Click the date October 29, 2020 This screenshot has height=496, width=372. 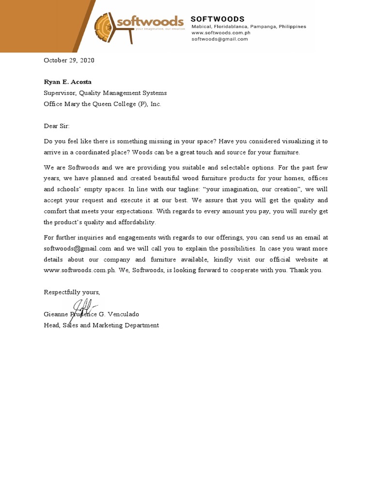(x=69, y=61)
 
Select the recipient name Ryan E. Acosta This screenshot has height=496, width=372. (x=67, y=82)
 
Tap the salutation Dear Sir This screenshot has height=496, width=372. (x=57, y=126)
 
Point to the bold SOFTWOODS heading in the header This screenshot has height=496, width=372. (x=217, y=19)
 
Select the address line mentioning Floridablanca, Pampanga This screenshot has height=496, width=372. (x=248, y=27)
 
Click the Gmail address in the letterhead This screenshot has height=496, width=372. (x=219, y=39)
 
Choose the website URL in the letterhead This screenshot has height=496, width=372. (x=220, y=33)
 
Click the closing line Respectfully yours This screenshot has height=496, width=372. (x=72, y=292)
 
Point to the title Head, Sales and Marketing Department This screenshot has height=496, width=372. (x=101, y=325)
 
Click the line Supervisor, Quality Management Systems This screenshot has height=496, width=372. (x=105, y=93)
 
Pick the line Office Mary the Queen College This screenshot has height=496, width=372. (x=102, y=104)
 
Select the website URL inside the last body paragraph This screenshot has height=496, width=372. (x=79, y=270)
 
